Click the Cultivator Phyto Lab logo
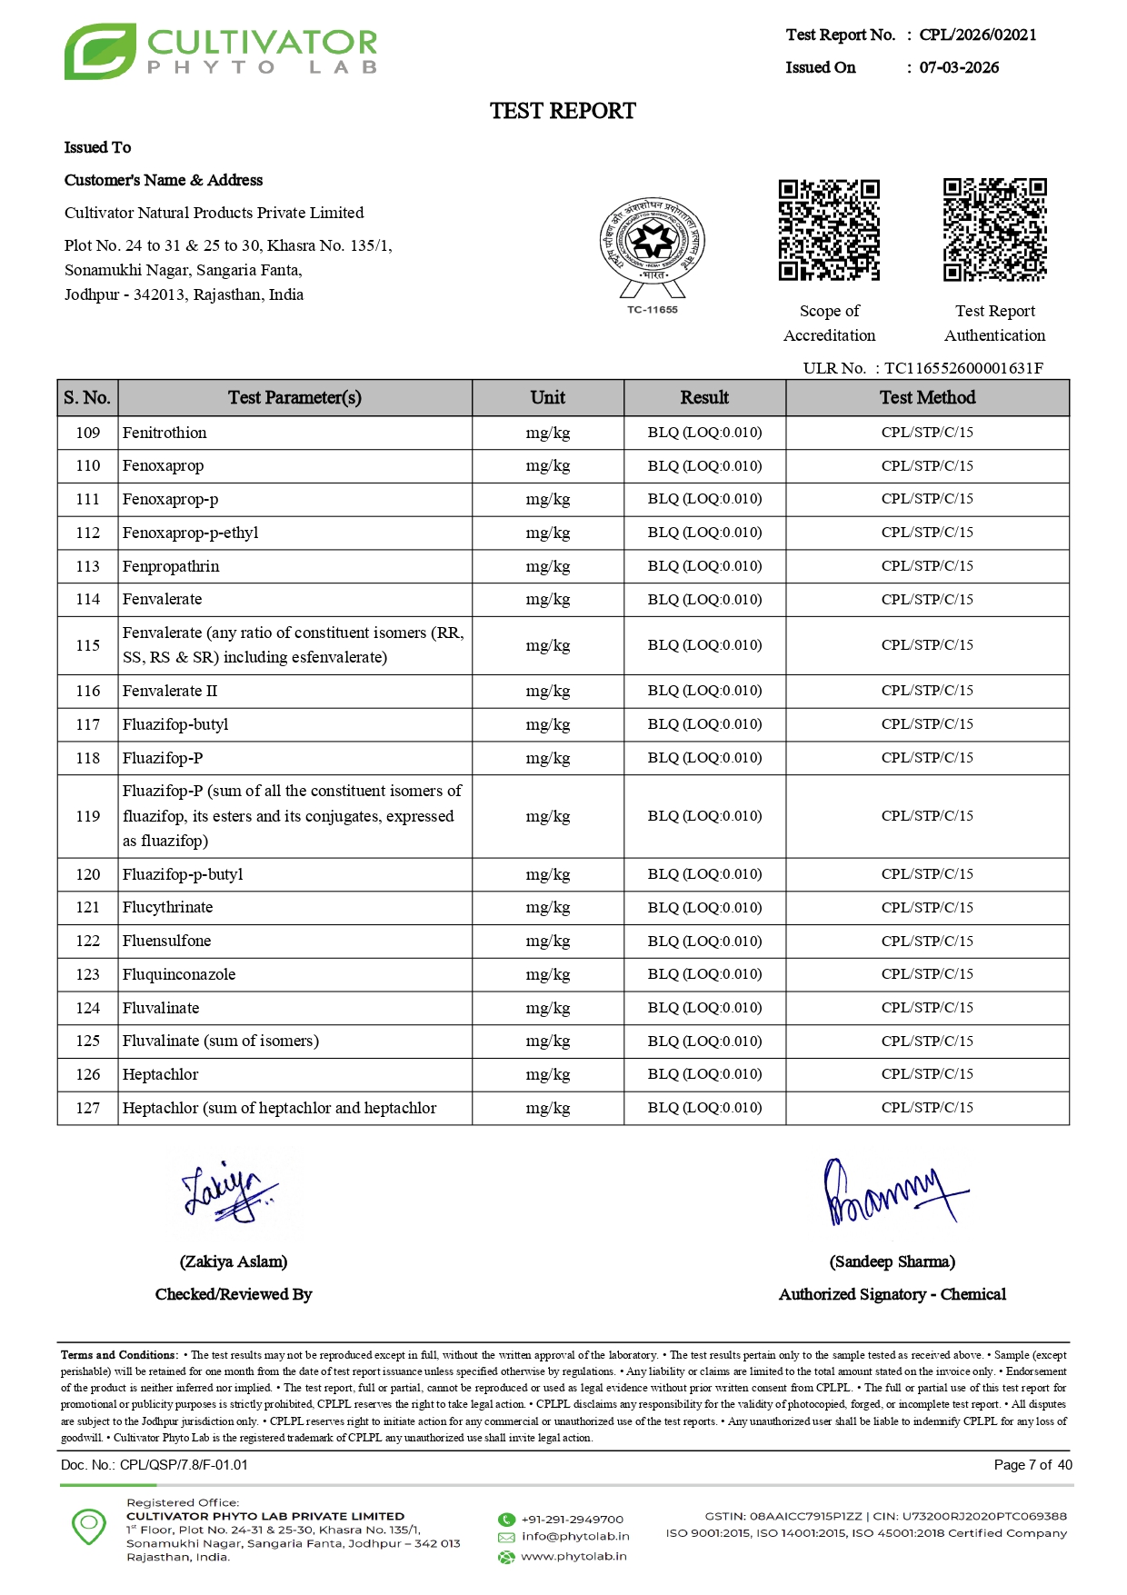pyautogui.click(x=220, y=52)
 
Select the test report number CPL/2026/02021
pyautogui.click(x=977, y=35)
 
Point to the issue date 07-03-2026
pyautogui.click(x=959, y=68)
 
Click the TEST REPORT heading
pyautogui.click(x=563, y=111)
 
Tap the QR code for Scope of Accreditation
pyautogui.click(x=829, y=230)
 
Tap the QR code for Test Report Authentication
pyautogui.click(x=994, y=230)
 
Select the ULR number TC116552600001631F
pyautogui.click(x=963, y=368)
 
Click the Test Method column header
pyautogui.click(x=927, y=398)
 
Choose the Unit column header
pyautogui.click(x=548, y=398)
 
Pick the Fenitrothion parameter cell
pyautogui.click(x=165, y=433)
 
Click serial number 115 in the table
pyautogui.click(x=88, y=645)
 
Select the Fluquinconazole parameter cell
pyautogui.click(x=179, y=974)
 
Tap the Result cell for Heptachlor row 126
pyautogui.click(x=704, y=1074)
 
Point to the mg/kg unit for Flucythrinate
pyautogui.click(x=548, y=908)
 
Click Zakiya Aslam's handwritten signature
pyautogui.click(x=227, y=1191)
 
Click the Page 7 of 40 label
pyautogui.click(x=1032, y=1465)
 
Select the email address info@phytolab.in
pyautogui.click(x=575, y=1537)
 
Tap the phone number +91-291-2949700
pyautogui.click(x=572, y=1520)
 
